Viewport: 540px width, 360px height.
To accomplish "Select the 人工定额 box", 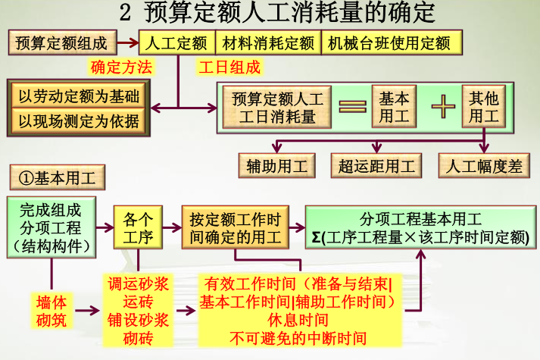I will (177, 42).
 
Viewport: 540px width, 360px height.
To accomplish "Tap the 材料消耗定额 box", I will (267, 42).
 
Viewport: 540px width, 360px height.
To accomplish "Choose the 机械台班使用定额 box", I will (389, 42).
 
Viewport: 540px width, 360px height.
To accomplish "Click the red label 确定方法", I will (121, 67).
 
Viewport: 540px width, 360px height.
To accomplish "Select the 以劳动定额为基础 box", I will (79, 96).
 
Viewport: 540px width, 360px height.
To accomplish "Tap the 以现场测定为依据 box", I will (79, 120).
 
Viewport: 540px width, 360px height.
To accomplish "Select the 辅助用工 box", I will (277, 166).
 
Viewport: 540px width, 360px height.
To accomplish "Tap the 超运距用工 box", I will (377, 166).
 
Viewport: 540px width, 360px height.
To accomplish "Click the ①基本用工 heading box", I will (57, 178).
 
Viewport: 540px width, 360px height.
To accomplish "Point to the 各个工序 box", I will (138, 228).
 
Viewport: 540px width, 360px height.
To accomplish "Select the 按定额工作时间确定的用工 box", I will (236, 228).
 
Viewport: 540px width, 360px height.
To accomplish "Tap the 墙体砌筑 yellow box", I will (52, 311).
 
